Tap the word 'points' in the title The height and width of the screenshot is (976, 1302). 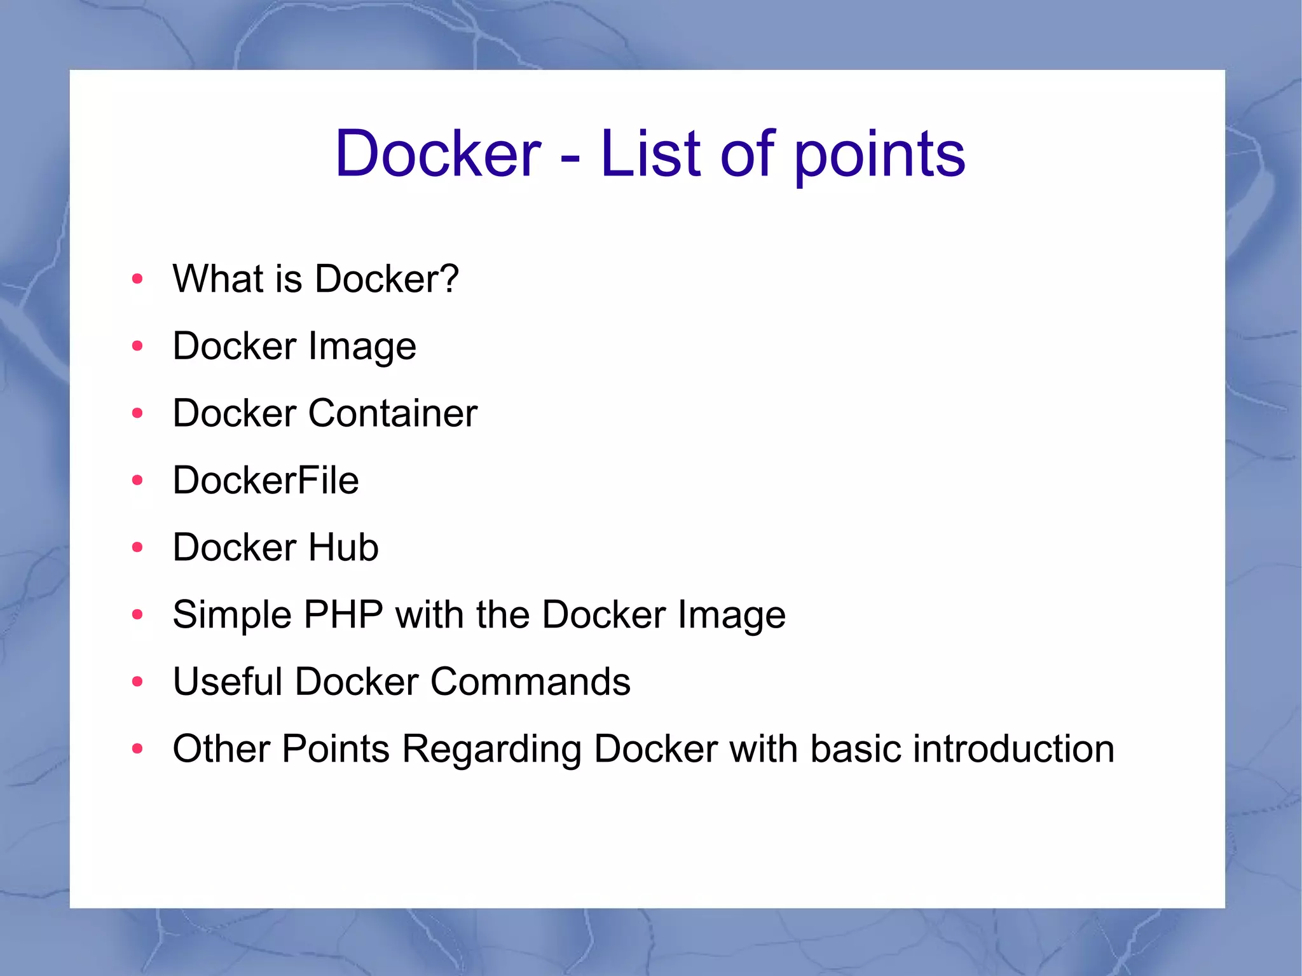click(x=879, y=156)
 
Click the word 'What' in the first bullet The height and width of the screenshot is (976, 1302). click(x=218, y=278)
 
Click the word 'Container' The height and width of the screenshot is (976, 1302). click(x=392, y=413)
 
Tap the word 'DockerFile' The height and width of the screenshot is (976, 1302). click(x=266, y=480)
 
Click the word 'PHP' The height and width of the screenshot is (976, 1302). click(x=343, y=614)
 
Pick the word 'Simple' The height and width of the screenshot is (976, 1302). click(x=232, y=615)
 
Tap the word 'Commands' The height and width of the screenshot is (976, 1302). click(x=530, y=682)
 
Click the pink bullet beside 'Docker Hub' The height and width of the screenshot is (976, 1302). click(x=137, y=547)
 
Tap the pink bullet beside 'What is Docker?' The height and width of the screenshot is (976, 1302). click(x=137, y=279)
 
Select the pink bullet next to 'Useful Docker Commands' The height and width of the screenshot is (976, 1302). click(x=137, y=682)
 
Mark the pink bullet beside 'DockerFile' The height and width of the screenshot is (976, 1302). click(x=137, y=480)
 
